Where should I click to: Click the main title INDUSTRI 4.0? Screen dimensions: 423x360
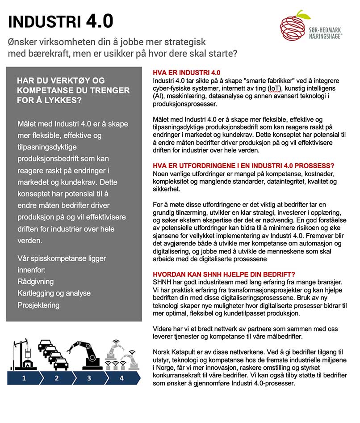point(61,21)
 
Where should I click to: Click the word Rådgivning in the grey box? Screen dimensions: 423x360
point(35,282)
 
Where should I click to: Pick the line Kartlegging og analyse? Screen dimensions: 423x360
point(54,293)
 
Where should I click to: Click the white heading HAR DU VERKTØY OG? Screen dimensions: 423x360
point(60,80)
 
